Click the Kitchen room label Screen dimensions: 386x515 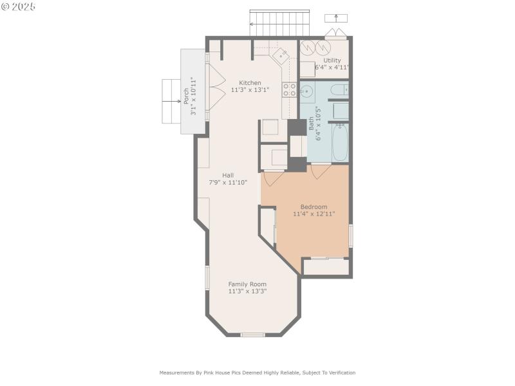tap(250, 83)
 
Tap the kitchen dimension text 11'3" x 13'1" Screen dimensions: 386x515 tap(250, 90)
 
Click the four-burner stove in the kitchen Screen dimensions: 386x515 tap(290, 89)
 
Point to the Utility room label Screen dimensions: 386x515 tap(332, 60)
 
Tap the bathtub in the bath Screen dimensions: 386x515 tap(340, 142)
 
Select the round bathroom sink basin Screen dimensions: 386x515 tap(308, 91)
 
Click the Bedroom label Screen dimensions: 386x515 tap(314, 207)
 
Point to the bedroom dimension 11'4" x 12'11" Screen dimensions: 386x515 tap(314, 214)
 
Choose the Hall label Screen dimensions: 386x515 tap(228, 175)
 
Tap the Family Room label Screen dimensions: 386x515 tap(247, 284)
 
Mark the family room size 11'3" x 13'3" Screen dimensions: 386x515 tap(247, 291)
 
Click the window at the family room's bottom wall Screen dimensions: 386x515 tap(252, 335)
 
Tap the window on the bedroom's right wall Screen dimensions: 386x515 tap(351, 236)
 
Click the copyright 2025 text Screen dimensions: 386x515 tap(19, 6)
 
